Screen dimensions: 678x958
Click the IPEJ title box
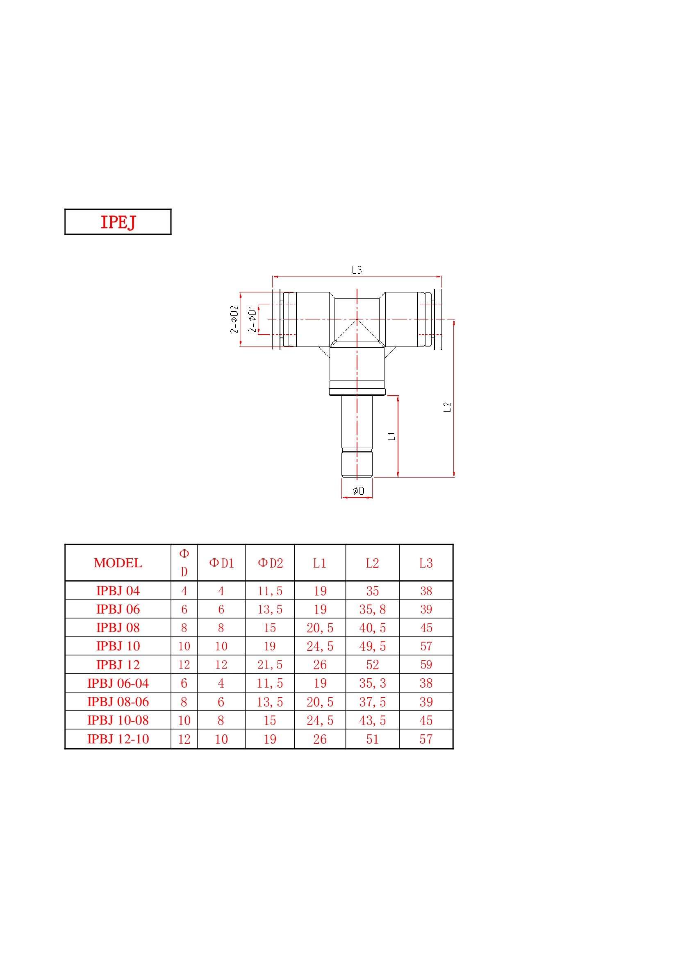[118, 222]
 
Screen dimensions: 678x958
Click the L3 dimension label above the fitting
[357, 270]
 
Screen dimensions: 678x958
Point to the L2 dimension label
[447, 407]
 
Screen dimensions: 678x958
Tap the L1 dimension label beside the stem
[391, 437]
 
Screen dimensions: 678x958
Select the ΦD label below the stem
[358, 491]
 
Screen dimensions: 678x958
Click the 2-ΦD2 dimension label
[234, 319]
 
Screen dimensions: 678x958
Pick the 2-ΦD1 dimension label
[252, 319]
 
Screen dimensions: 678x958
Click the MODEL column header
[118, 563]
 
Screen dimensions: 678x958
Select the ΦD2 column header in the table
[271, 563]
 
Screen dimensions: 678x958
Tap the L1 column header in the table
[320, 563]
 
